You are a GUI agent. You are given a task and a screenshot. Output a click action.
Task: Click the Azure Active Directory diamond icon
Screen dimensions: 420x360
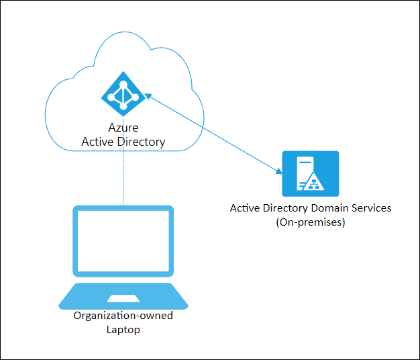(x=123, y=94)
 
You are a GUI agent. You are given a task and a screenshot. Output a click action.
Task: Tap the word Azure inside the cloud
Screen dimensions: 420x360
(x=123, y=128)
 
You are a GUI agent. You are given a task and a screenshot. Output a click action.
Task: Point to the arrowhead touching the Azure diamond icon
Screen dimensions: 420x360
(x=148, y=95)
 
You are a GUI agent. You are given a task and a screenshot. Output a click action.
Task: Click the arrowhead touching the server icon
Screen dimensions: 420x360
(x=278, y=171)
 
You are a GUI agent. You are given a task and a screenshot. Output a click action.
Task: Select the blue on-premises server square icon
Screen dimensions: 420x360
(x=311, y=174)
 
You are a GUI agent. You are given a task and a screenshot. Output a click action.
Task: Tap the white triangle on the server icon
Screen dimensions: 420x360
(x=314, y=182)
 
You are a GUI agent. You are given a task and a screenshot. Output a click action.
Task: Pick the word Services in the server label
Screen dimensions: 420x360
(x=372, y=208)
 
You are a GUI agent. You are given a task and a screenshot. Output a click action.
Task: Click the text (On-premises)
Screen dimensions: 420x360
(x=311, y=222)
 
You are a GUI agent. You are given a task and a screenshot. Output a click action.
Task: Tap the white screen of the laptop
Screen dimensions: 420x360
(x=123, y=241)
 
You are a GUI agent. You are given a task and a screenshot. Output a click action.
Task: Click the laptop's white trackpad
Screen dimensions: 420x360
(x=123, y=299)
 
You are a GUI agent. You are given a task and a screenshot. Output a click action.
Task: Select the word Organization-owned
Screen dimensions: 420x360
(x=123, y=316)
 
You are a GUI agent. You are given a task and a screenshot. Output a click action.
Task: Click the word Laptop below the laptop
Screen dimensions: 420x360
(x=123, y=330)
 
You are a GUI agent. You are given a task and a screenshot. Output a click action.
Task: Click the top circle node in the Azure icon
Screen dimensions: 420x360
(x=123, y=85)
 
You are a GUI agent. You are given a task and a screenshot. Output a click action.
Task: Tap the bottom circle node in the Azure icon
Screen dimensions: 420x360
(x=123, y=106)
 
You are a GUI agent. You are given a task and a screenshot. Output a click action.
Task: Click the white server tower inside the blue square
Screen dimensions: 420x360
(x=305, y=173)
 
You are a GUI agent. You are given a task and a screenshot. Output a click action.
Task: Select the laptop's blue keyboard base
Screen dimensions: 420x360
(x=123, y=296)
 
